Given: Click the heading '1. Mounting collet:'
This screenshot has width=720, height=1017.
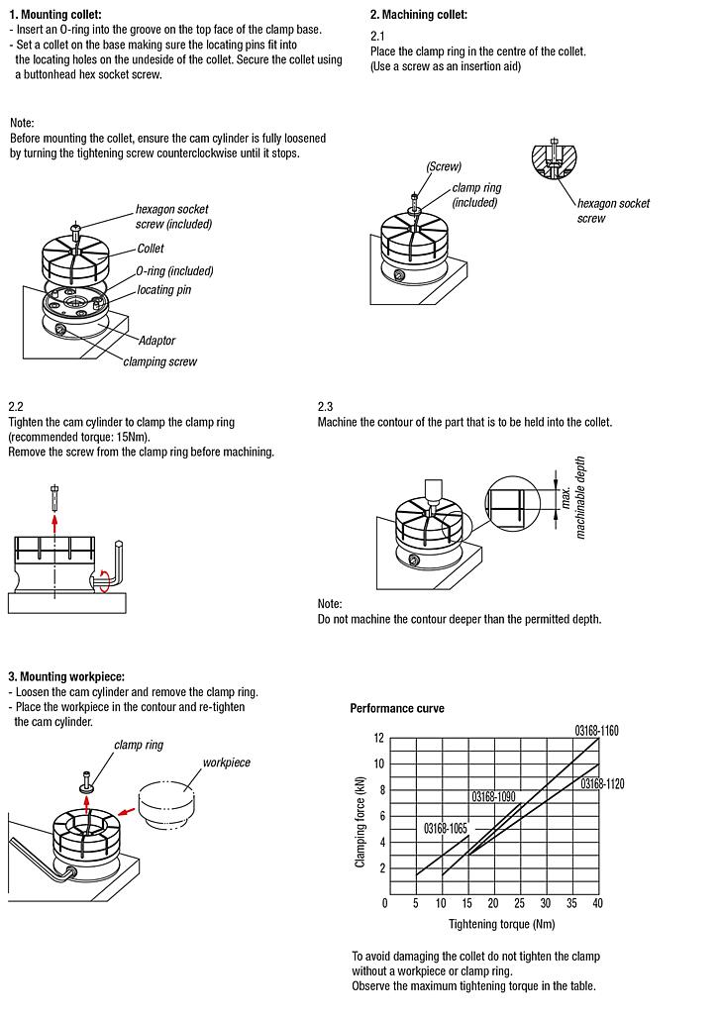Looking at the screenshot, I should pyautogui.click(x=54, y=14).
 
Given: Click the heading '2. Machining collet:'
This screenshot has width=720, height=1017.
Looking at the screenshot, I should pyautogui.click(x=418, y=15).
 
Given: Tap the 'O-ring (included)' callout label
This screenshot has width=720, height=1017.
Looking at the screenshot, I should pyautogui.click(x=174, y=270).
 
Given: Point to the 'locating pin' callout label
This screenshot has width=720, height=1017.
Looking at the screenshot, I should pyautogui.click(x=163, y=290).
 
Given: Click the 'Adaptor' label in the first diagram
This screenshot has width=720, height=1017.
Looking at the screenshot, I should pyautogui.click(x=156, y=341).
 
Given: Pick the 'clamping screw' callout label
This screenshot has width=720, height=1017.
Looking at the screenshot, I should pyautogui.click(x=159, y=361).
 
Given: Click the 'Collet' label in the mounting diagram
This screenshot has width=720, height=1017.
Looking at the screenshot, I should pyautogui.click(x=151, y=249).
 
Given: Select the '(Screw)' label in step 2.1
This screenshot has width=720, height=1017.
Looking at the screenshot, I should pyautogui.click(x=444, y=166).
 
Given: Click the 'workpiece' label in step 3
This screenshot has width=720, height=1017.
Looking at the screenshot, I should pyautogui.click(x=226, y=763).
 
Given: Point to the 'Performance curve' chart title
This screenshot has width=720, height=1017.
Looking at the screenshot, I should pyautogui.click(x=397, y=709).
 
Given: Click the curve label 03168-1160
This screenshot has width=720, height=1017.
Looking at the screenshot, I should pyautogui.click(x=596, y=730).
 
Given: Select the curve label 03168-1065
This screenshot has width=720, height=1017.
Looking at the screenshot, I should pyautogui.click(x=446, y=827).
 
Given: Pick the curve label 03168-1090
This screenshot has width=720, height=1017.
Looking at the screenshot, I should pyautogui.click(x=492, y=796).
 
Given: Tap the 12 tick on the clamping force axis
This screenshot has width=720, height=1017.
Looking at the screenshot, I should pyautogui.click(x=377, y=738).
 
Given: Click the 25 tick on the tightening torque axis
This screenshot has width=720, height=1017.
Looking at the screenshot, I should pyautogui.click(x=518, y=903).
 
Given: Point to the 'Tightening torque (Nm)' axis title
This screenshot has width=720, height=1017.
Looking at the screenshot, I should pyautogui.click(x=501, y=924).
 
